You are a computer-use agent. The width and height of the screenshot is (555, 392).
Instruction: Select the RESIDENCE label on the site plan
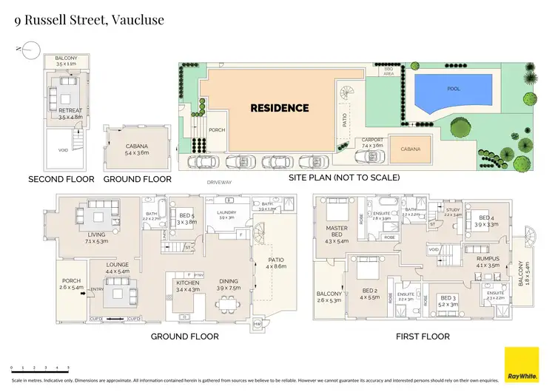[x=279, y=108]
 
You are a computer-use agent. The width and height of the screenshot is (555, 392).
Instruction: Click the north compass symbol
[x=29, y=50]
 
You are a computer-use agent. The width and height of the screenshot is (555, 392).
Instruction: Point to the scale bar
[x=40, y=368]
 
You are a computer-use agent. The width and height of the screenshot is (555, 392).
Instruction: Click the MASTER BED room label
[x=336, y=232]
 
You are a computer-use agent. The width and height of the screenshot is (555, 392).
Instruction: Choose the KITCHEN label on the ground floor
[x=186, y=283]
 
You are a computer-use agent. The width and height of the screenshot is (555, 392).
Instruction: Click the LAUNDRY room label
[x=226, y=214]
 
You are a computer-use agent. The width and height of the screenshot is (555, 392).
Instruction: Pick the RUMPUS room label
[x=488, y=260]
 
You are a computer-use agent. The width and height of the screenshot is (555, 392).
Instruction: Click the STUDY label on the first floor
[x=453, y=210]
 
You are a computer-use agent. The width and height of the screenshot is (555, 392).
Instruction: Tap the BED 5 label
[x=186, y=217]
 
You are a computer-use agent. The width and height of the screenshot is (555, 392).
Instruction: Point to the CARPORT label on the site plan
[x=372, y=140]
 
